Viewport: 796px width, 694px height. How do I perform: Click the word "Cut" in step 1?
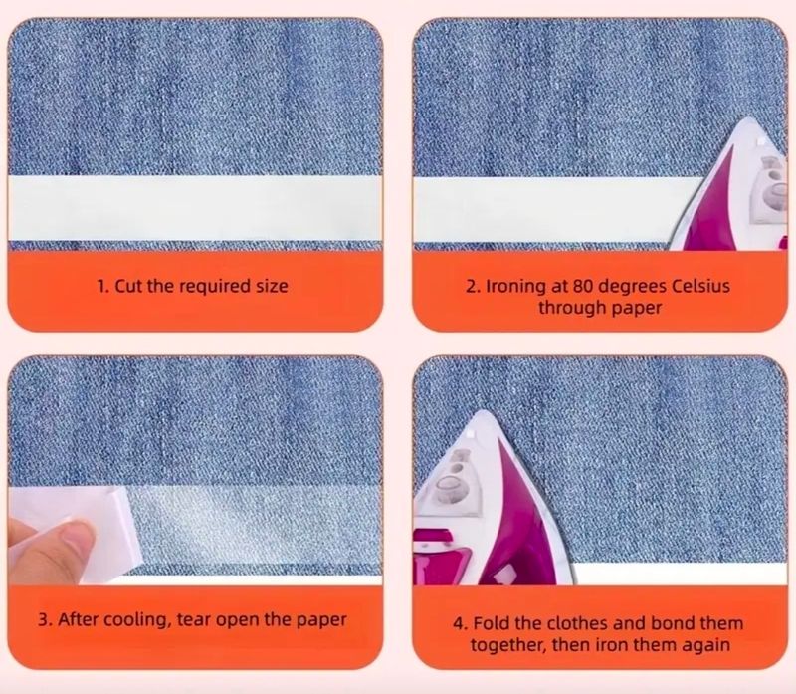(129, 286)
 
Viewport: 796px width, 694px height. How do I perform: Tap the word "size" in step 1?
(272, 286)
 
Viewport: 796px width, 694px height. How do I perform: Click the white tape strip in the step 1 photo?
(195, 208)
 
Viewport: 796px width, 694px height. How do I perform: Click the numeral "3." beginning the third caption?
(45, 620)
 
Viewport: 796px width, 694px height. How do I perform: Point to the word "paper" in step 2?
(636, 309)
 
